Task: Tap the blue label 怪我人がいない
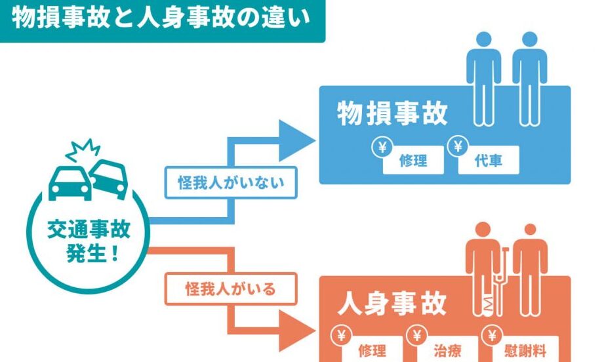[231, 182]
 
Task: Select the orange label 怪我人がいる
[231, 287]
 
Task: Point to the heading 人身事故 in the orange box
[392, 304]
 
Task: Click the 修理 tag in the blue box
[413, 161]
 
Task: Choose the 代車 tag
[489, 161]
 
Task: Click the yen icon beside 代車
[456, 146]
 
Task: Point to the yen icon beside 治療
[416, 336]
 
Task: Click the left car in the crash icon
[70, 182]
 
